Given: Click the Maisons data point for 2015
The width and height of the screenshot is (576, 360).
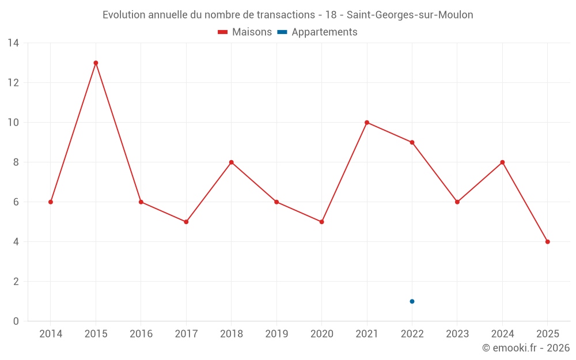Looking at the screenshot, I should [96, 63].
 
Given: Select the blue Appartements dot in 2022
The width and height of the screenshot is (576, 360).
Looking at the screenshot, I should [412, 301].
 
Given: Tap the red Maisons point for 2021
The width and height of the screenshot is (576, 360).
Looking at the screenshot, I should [367, 122].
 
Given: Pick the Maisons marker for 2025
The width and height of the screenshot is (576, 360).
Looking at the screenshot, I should [547, 242].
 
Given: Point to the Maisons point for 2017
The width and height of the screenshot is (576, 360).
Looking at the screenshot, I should [186, 222].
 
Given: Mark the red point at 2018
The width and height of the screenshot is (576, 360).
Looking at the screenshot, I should [231, 162].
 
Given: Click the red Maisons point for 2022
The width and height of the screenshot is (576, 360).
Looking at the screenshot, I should [412, 142].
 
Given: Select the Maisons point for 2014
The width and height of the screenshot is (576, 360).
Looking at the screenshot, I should [51, 202].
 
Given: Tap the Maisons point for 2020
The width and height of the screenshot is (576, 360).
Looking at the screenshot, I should [321, 222].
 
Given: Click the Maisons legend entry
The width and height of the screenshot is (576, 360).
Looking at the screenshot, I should [245, 32].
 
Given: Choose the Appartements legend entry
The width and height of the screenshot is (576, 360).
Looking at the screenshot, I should [317, 32].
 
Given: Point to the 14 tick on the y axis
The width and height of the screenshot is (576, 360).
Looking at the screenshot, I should [13, 43].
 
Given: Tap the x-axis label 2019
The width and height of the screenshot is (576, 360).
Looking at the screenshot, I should [276, 334].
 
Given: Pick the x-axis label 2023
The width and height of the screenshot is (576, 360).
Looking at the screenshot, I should [457, 334].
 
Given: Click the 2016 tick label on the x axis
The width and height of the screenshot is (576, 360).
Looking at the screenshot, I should [141, 334].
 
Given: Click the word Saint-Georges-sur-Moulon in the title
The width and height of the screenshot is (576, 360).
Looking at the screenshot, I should [410, 15].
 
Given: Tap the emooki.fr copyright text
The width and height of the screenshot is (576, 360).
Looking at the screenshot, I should [526, 348].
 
